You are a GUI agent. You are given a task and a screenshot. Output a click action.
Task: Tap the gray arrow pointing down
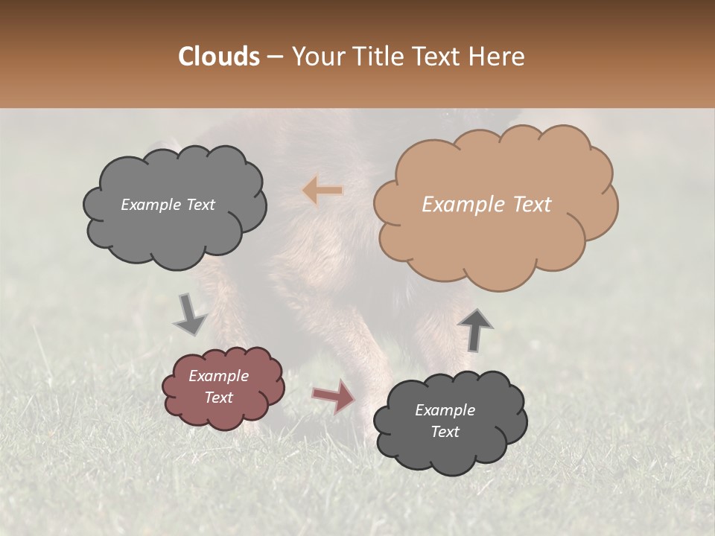pos(189,314)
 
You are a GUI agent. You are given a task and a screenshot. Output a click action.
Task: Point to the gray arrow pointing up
pos(474,329)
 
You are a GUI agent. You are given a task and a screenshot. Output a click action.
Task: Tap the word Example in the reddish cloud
pos(219,376)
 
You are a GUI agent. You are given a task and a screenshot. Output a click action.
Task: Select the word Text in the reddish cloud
pos(219,398)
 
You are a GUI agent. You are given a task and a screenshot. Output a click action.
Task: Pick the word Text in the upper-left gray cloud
pos(200,205)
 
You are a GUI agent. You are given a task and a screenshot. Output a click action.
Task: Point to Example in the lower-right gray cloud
pos(445,410)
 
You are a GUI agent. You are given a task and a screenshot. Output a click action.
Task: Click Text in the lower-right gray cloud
pos(445,432)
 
